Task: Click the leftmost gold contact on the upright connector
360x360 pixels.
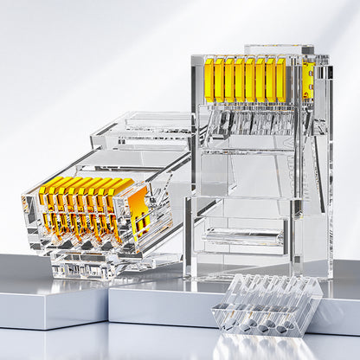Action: point(209,80)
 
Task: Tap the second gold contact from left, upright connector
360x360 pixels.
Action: point(220,80)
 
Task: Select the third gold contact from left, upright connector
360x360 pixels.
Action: point(229,80)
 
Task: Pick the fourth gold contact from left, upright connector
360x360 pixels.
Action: point(240,80)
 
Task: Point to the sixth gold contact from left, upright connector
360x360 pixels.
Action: point(260,80)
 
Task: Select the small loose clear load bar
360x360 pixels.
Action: point(267,304)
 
